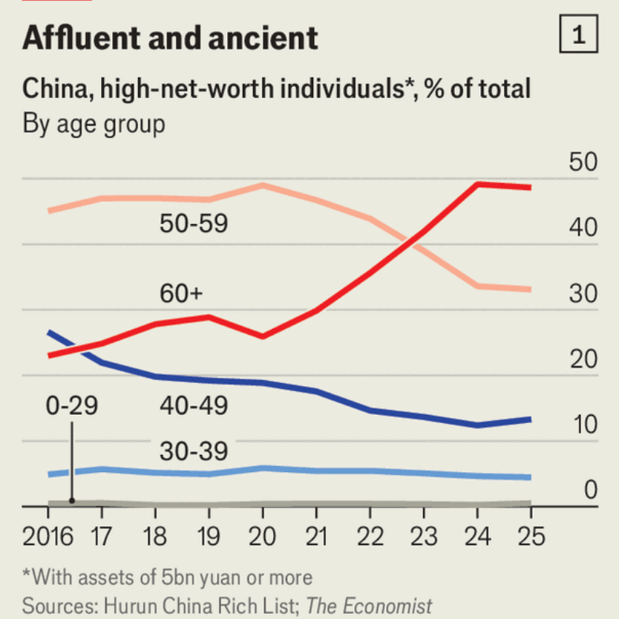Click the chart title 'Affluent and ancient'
coord(170,38)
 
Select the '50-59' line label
coord(194,223)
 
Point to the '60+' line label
coord(180,294)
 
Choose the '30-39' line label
coord(194,451)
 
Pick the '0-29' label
coord(71,406)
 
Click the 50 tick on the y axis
coord(583,164)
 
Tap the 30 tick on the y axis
coord(583,295)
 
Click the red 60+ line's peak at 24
coord(477,183)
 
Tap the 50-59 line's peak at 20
coord(263,184)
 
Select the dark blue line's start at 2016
coord(49,333)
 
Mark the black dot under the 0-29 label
coord(72,500)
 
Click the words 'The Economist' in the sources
coord(369,605)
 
